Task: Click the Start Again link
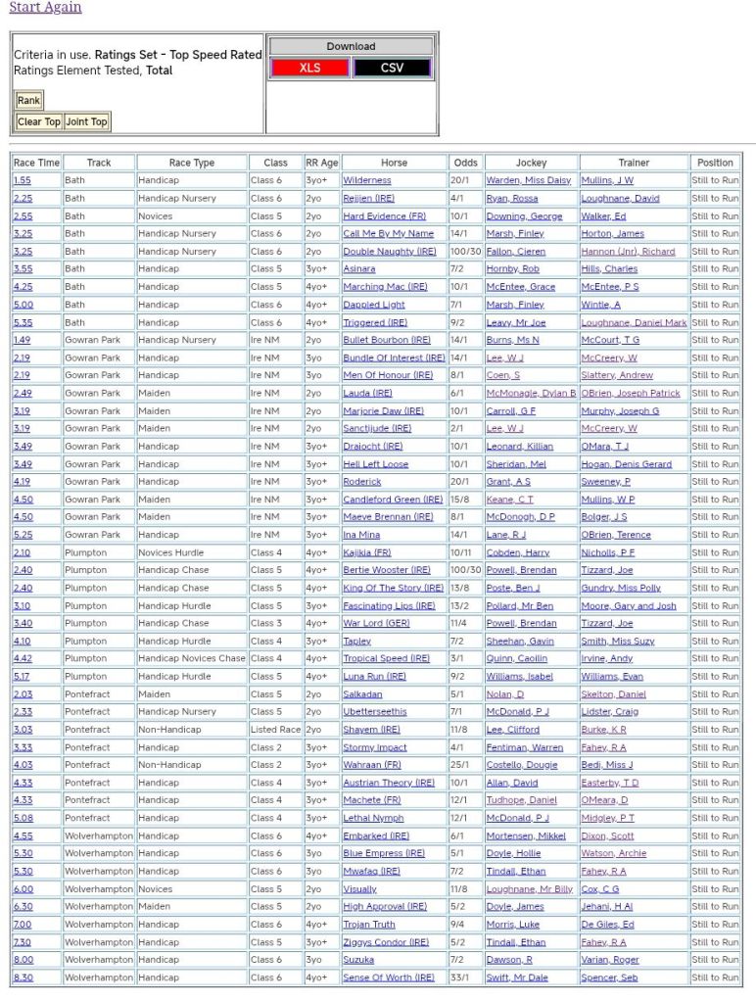point(45,8)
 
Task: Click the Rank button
point(28,100)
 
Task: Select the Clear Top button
point(39,121)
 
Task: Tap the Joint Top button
point(86,121)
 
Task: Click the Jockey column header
point(531,163)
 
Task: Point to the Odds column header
point(466,163)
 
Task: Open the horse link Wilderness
point(366,180)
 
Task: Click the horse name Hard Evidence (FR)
point(384,216)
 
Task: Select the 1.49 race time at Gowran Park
point(23,340)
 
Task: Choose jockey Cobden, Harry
point(517,552)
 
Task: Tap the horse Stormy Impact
point(374,747)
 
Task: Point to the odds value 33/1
point(460,978)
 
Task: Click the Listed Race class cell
point(275,730)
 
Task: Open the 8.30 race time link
point(23,978)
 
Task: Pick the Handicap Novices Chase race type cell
point(191,658)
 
